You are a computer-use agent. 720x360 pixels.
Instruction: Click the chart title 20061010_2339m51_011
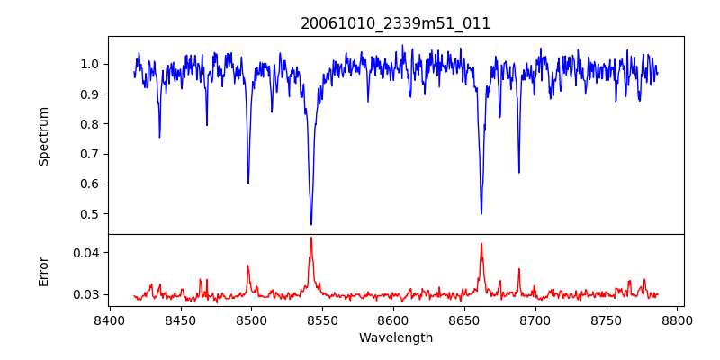point(396,23)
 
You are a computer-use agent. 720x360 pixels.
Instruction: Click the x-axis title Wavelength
point(396,337)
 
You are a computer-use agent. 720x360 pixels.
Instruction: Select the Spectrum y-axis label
point(44,136)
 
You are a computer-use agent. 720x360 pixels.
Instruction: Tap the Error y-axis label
point(44,271)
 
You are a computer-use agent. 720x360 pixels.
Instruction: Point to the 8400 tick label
point(109,320)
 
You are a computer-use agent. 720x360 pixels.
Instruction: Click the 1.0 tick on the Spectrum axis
point(90,64)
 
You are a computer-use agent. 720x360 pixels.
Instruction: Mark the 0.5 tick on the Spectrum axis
point(90,214)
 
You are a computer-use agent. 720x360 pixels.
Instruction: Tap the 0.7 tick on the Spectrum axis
point(90,154)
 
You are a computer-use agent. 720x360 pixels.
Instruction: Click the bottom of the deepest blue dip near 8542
point(311,224)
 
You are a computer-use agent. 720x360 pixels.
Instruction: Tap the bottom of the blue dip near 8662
point(481,213)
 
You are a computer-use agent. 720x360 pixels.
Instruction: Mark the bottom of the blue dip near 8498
point(248,183)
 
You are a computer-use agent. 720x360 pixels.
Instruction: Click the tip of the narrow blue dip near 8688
point(519,172)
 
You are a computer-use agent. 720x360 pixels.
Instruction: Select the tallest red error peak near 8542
point(311,238)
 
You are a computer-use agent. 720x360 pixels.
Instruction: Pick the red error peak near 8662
point(481,243)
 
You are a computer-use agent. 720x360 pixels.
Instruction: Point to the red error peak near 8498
point(248,265)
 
